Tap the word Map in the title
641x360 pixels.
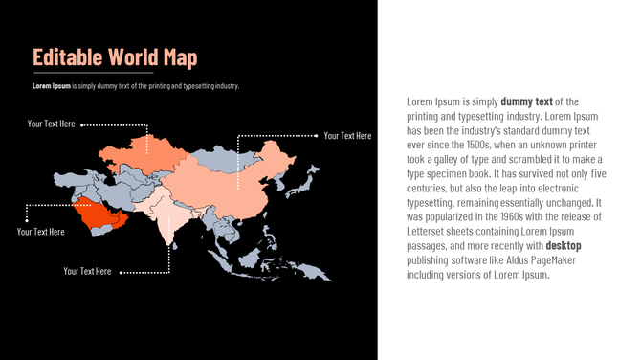point(179,57)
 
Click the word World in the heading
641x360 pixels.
point(132,57)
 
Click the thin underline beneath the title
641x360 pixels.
point(93,72)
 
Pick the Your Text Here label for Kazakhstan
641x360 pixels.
point(52,124)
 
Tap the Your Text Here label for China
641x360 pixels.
point(347,136)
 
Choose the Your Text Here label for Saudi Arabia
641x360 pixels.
point(41,232)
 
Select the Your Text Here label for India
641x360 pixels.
point(87,271)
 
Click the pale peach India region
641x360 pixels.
point(172,215)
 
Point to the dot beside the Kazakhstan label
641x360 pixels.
point(82,124)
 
